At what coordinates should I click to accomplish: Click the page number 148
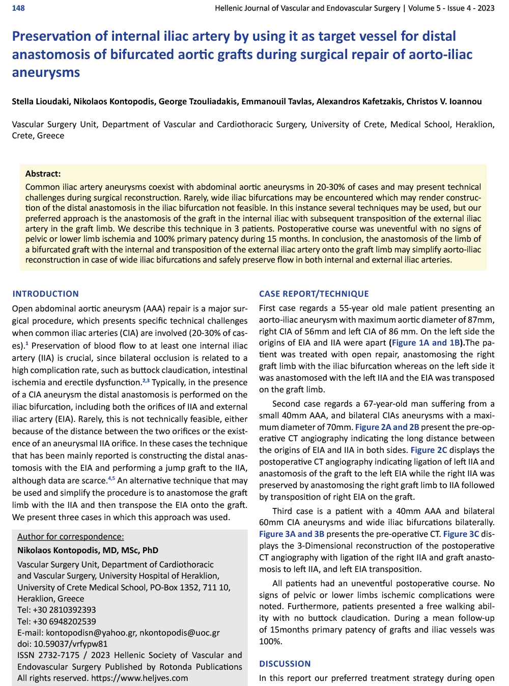pos(18,8)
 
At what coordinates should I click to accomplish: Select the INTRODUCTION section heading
pos(46,294)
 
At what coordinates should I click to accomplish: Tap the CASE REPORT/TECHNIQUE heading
pos(314,294)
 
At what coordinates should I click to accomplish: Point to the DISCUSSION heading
pos(285,664)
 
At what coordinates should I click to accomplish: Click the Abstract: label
pos(43,174)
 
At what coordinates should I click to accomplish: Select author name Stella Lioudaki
pos(41,101)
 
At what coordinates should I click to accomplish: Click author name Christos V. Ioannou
pos(444,101)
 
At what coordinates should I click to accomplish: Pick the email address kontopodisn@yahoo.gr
pos(91,633)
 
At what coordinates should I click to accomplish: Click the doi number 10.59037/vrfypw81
pos(71,644)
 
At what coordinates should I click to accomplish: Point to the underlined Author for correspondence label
pos(71,536)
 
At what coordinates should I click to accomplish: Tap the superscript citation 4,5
pos(111,478)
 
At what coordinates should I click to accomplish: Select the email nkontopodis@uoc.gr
pos(180,633)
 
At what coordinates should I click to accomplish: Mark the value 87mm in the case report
pos(480,320)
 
